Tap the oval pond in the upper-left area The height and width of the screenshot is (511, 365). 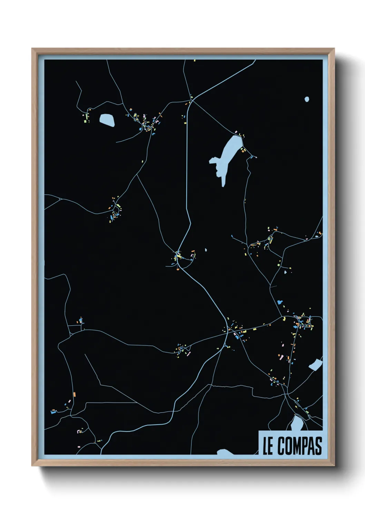(107, 120)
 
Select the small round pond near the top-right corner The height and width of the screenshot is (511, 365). (307, 99)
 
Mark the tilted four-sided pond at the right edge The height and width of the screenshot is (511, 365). (315, 364)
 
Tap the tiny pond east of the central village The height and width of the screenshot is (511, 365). (206, 250)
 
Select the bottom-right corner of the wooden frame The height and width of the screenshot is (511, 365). (334, 465)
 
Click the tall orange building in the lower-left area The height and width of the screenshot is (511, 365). (74, 394)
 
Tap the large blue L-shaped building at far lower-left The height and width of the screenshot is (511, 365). (53, 412)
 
